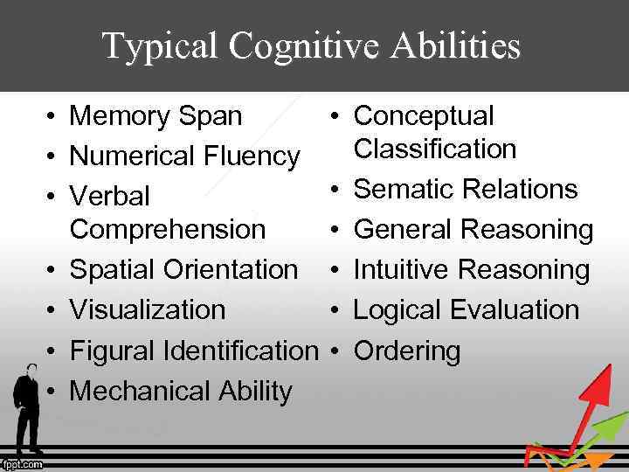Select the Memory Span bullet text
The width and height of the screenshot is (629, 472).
pos(156,115)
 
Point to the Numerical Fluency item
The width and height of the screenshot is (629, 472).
pos(184,156)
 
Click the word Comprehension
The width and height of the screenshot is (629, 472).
pos(167,229)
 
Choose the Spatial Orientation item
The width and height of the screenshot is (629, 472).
pos(183,269)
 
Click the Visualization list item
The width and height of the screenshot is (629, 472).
pos(147,309)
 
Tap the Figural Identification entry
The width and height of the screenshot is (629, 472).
pos(194,351)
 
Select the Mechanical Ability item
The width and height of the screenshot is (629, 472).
pos(180,391)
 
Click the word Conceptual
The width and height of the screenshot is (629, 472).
pos(424,115)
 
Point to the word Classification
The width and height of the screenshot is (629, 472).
pos(435,149)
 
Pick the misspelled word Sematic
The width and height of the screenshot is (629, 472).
pos(402,189)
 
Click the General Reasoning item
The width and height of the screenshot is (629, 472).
pos(473,229)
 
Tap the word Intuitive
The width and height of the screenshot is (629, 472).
pos(402,269)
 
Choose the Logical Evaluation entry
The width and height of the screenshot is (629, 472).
pos(466,309)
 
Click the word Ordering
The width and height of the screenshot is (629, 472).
pos(406,351)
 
